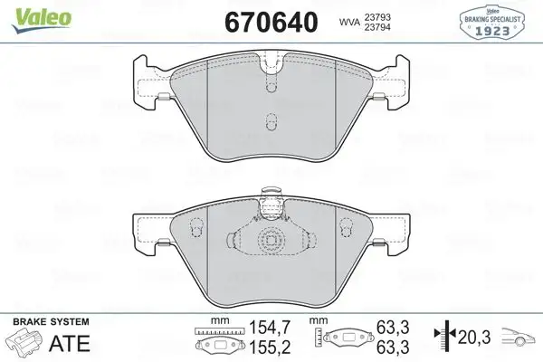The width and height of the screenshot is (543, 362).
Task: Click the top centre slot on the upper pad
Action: (x=271, y=84)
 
